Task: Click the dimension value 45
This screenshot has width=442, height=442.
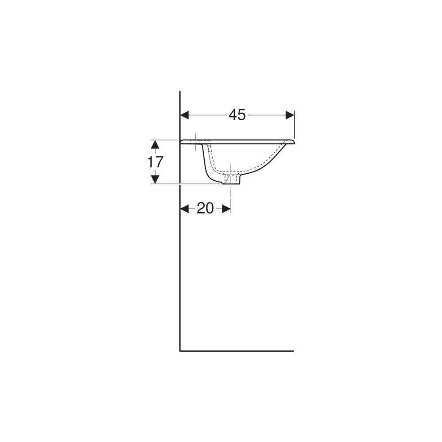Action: (x=237, y=115)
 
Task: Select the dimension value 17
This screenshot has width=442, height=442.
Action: (x=155, y=162)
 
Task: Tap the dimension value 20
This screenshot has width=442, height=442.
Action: (x=205, y=209)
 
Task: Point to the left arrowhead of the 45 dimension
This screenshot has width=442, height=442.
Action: (x=184, y=115)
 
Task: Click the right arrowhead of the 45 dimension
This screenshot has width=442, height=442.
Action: (x=290, y=115)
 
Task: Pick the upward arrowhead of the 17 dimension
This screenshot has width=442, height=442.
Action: (x=155, y=145)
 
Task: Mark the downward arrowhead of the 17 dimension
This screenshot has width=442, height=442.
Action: (x=155, y=179)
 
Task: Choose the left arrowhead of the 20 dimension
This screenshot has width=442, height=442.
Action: (x=184, y=209)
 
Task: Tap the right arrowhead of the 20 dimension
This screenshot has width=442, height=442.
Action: (x=227, y=209)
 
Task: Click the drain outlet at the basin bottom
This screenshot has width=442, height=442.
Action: (x=232, y=180)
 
